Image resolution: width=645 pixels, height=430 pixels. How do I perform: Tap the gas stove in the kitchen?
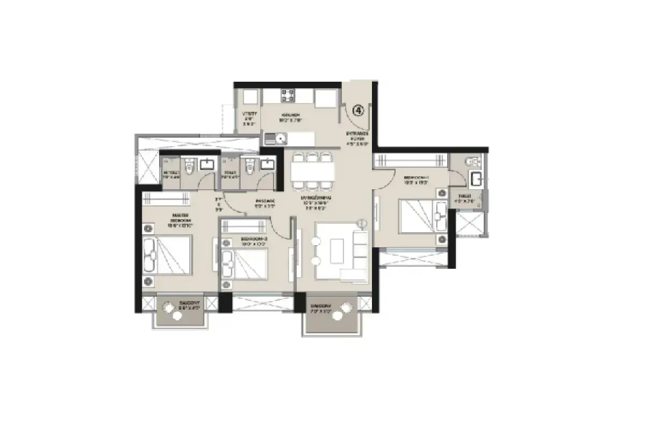[287, 95]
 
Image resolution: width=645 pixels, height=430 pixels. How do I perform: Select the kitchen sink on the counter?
[281, 140]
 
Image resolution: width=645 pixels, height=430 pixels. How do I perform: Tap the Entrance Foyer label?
[357, 138]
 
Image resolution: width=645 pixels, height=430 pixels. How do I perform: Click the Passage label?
[264, 203]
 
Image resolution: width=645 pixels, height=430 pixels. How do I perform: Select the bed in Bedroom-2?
[245, 264]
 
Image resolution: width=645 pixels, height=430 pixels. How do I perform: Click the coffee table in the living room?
[337, 250]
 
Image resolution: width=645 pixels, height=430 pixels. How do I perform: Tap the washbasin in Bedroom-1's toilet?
[476, 178]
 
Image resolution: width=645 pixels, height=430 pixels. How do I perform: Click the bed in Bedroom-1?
[422, 216]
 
